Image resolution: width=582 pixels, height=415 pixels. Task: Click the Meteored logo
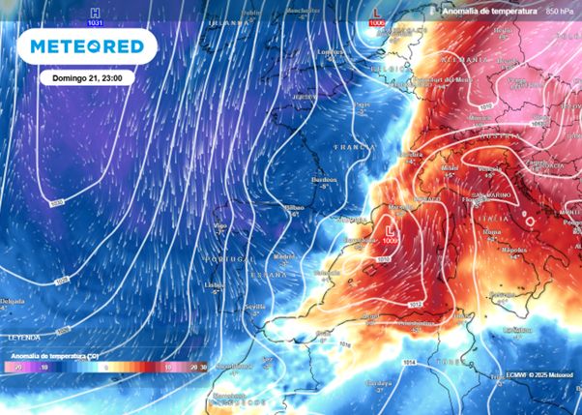point(93,45)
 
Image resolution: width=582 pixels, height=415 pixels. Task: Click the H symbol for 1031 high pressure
point(95,11)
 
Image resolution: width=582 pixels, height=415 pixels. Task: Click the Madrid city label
point(283,256)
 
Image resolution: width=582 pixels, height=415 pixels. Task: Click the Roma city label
point(490,231)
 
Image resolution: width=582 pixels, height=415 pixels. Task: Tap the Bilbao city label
point(294,207)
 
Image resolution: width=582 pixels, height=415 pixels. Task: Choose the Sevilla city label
point(254,306)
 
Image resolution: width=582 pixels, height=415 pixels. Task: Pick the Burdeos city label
point(322,179)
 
